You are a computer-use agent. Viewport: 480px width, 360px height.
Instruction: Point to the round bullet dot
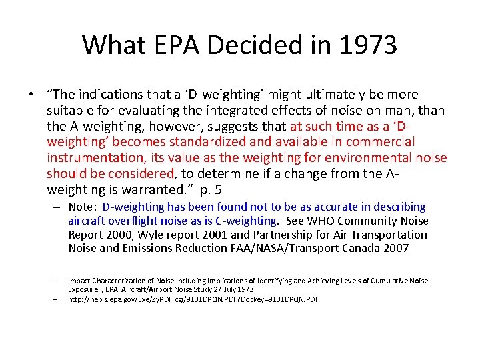tap(31, 95)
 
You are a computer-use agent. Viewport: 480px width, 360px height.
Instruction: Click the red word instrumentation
tap(90, 157)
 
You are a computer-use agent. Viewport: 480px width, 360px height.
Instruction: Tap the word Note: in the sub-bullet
tap(83, 207)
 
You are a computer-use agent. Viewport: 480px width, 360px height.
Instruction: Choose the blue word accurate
tap(313, 207)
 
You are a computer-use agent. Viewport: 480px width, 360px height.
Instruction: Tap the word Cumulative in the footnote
tap(382, 281)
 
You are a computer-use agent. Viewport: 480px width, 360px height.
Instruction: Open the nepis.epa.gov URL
tap(193, 299)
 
